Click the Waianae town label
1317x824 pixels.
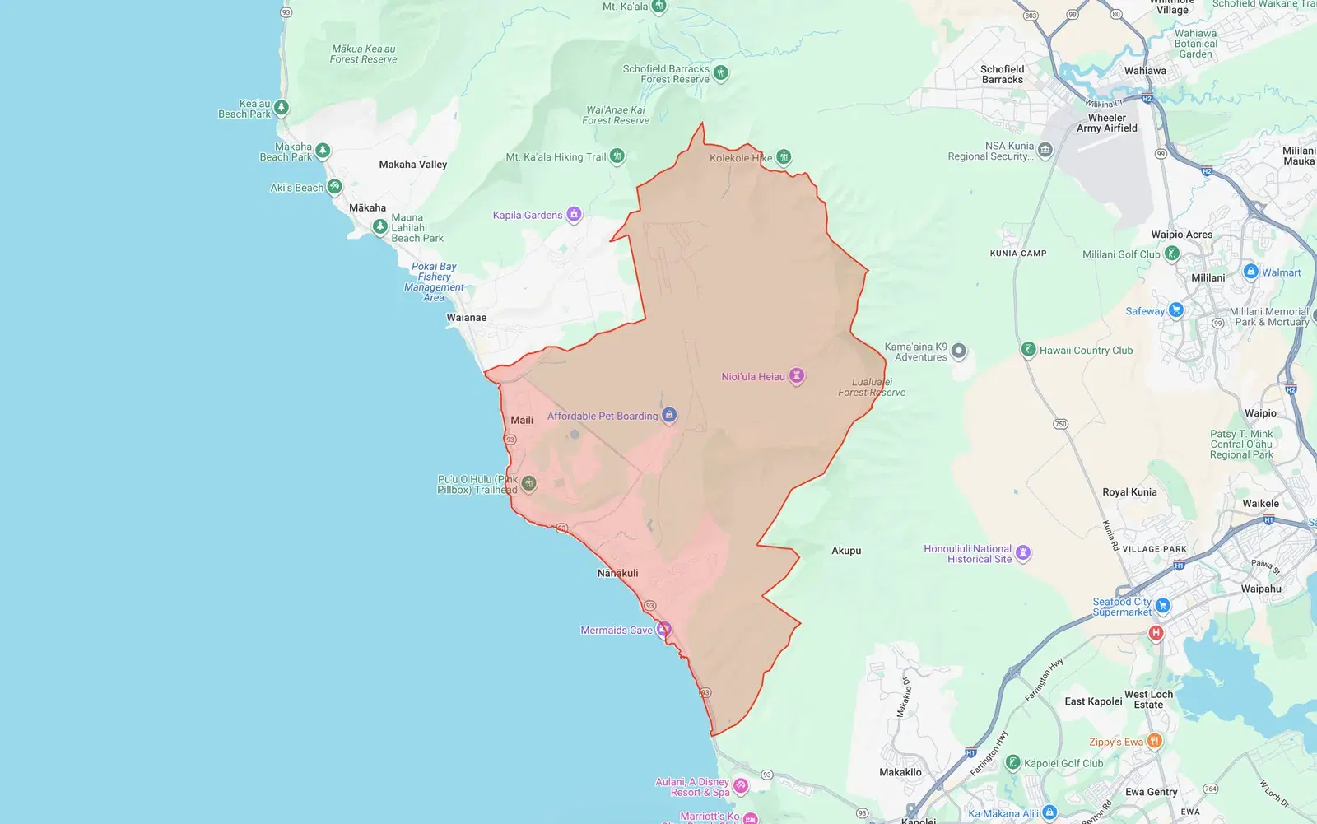click(x=466, y=318)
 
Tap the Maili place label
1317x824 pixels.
click(x=522, y=420)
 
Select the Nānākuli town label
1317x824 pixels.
click(x=617, y=573)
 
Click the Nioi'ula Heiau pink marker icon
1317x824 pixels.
click(x=796, y=376)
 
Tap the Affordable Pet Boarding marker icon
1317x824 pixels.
click(x=669, y=415)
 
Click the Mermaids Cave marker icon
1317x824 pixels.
click(x=663, y=630)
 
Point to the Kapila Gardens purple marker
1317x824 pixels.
click(x=574, y=215)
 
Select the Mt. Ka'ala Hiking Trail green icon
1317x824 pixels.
click(x=617, y=156)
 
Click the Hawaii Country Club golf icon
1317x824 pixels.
click(x=1028, y=350)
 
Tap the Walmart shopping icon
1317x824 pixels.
click(x=1250, y=272)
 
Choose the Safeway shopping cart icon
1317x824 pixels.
click(x=1175, y=310)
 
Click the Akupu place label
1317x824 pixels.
click(x=846, y=551)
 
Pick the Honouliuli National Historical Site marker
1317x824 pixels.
click(x=1022, y=553)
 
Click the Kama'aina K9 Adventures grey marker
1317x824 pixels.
click(x=958, y=351)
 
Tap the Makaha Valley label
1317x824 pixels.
click(x=412, y=165)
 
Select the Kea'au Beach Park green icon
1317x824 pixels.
click(x=281, y=108)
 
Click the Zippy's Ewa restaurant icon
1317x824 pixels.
click(x=1154, y=741)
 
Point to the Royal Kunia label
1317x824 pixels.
click(x=1129, y=492)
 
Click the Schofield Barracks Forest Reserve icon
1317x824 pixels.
click(x=720, y=72)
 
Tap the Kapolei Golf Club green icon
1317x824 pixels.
click(x=1012, y=763)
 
